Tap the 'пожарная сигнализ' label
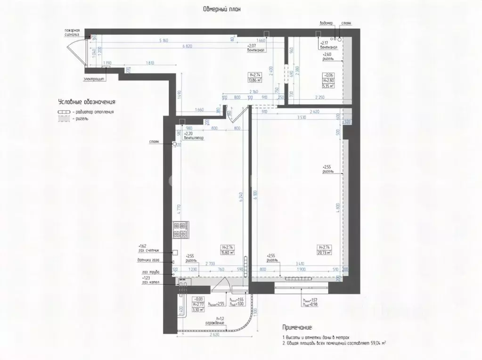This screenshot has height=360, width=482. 75,32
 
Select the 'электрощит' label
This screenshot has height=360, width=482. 95,79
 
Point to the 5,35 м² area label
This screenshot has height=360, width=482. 328,86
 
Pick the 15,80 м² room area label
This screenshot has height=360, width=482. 228,253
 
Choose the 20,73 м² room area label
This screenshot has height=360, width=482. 325,253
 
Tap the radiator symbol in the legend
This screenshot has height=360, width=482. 63,112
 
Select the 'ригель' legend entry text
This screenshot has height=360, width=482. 81,119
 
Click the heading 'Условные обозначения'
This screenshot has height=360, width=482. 87,101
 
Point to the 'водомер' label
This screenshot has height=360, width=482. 326,23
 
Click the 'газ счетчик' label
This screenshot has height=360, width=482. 149,250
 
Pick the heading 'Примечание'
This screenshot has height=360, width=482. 296,327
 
